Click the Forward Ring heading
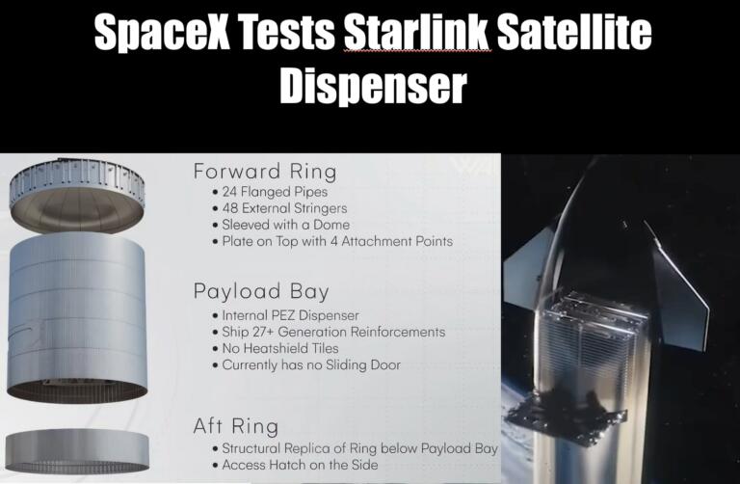264,172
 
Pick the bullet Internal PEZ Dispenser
292,315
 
